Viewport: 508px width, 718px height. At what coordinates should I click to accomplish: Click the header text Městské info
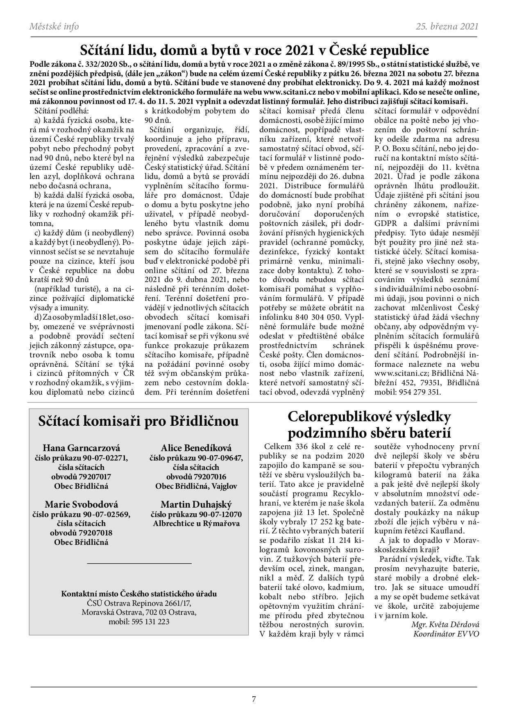click(54, 27)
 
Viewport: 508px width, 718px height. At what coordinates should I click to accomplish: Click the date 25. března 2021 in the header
click(447, 27)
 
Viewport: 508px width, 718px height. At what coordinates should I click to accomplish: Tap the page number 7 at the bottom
click(254, 699)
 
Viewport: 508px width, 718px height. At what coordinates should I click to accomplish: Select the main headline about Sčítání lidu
click(254, 50)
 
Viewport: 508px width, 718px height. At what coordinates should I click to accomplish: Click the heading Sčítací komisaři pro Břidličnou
click(138, 421)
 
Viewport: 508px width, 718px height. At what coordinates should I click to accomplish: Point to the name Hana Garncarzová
click(82, 448)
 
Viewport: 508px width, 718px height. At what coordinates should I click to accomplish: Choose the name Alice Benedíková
click(196, 448)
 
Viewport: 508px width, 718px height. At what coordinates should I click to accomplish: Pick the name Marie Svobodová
click(82, 504)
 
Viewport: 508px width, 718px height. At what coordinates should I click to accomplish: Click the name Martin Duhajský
click(196, 504)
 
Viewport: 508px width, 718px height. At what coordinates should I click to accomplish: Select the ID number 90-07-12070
click(220, 514)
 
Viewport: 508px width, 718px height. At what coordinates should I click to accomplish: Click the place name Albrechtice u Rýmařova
click(196, 524)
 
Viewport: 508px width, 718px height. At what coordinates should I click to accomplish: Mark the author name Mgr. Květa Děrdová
click(445, 625)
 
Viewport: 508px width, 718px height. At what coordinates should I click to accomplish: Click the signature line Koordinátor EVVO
click(446, 634)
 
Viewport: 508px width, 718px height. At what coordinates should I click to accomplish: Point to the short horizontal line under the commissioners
click(139, 564)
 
